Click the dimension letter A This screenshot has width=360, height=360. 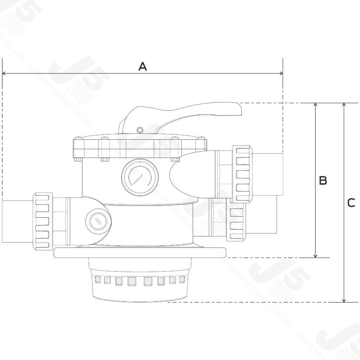(x=142, y=66)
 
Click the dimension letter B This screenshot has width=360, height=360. (x=323, y=181)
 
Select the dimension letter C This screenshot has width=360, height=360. (x=351, y=203)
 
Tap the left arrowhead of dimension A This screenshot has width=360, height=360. (x=4, y=73)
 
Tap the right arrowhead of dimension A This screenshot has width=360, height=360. (x=281, y=73)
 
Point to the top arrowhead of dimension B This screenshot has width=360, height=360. (x=316, y=105)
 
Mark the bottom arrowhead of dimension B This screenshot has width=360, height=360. (x=316, y=256)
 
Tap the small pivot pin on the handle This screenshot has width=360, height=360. (x=140, y=130)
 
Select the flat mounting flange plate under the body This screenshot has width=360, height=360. (x=141, y=252)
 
